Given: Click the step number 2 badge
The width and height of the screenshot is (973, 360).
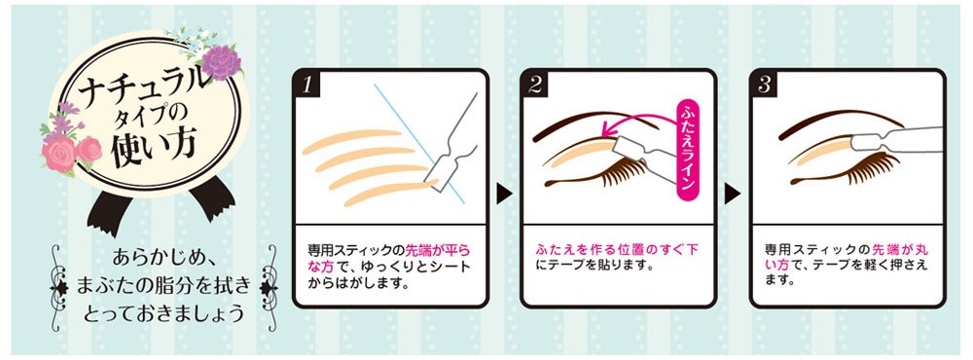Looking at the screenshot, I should click(x=536, y=85).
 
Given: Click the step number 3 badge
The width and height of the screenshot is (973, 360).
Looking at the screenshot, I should click(x=766, y=85).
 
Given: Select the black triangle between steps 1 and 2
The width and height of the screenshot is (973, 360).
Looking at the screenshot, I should click(x=504, y=194).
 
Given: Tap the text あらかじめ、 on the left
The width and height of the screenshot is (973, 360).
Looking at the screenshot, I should click(x=161, y=259).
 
